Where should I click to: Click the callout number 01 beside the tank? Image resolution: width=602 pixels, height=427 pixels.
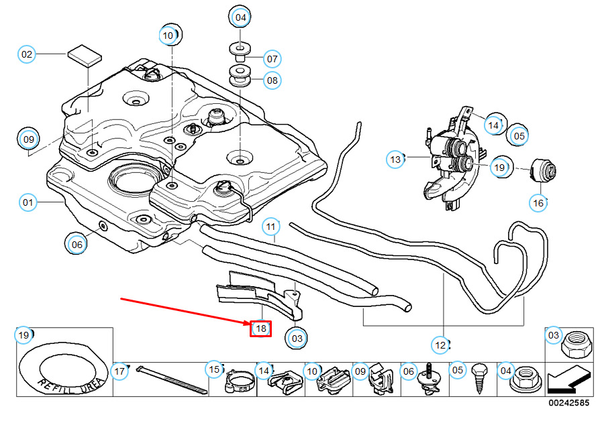click(28, 202)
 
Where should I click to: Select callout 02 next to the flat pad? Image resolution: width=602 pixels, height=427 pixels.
click(27, 54)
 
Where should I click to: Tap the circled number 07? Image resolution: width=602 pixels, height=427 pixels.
click(272, 59)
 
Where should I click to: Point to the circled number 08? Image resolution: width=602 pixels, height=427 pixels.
click(272, 80)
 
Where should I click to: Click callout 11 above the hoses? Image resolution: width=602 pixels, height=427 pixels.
click(270, 227)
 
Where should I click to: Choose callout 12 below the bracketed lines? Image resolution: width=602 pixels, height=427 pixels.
click(440, 345)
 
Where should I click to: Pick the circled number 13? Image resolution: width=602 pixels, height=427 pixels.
click(395, 160)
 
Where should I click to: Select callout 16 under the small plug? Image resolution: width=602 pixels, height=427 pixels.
click(538, 202)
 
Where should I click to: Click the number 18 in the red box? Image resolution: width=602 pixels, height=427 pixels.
click(260, 328)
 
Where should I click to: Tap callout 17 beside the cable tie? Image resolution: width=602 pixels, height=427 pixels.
click(119, 371)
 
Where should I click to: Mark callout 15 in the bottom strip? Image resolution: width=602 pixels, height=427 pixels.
click(214, 369)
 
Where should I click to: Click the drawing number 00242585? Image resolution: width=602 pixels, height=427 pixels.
click(568, 403)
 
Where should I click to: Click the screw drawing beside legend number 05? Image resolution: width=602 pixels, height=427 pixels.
click(480, 379)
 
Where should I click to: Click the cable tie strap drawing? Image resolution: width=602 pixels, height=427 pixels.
click(172, 380)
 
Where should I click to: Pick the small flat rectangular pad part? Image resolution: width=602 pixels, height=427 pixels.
click(85, 56)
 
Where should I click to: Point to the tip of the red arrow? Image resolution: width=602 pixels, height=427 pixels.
click(251, 324)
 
